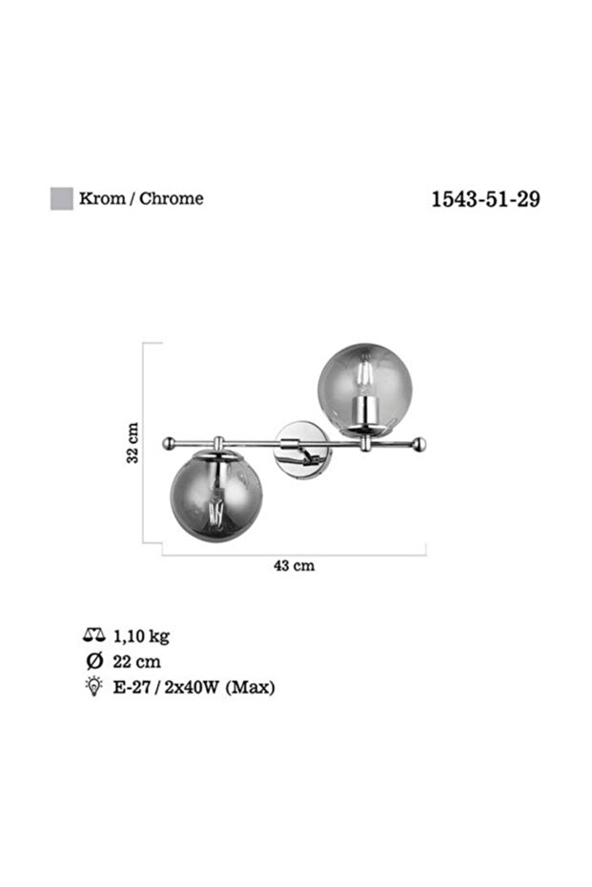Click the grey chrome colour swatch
point(62,198)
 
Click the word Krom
point(102,198)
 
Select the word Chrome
point(171,198)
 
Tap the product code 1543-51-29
point(485,199)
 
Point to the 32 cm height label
point(132,443)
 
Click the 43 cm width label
point(295,566)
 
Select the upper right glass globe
point(365,389)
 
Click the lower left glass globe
point(216,496)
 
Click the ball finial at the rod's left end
point(168,444)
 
